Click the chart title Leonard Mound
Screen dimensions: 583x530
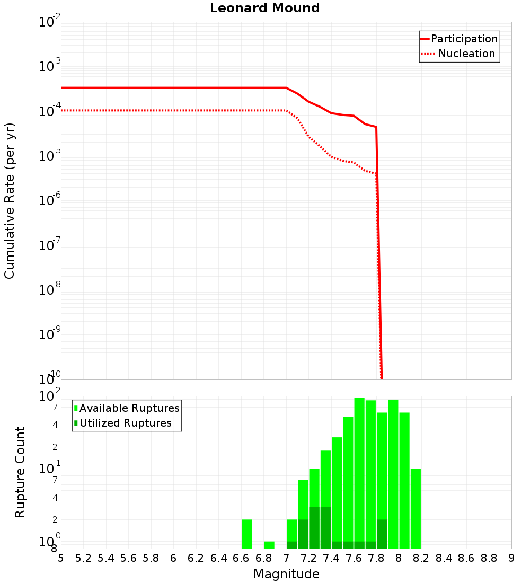(265, 8)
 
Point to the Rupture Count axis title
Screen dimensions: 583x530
(20, 472)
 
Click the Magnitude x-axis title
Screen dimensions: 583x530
(286, 574)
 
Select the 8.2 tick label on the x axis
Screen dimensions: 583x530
(421, 558)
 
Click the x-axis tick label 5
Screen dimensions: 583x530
(61, 558)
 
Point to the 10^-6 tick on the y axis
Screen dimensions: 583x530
(50, 200)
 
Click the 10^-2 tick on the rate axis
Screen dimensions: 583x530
(50, 22)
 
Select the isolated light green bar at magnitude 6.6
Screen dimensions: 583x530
(246, 534)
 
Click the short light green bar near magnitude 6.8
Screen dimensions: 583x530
(269, 545)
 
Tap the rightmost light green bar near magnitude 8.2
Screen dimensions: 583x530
(416, 509)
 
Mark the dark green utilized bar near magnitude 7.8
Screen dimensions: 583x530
(382, 534)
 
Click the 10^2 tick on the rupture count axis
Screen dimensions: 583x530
(50, 396)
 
